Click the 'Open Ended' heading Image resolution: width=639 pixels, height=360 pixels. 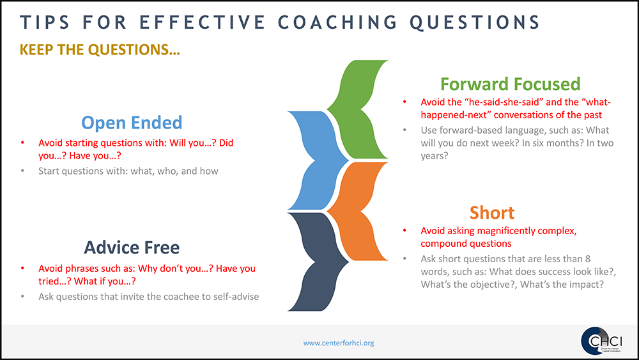(132, 123)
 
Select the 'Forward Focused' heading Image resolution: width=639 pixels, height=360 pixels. (510, 84)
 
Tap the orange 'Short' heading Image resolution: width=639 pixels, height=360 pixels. (492, 213)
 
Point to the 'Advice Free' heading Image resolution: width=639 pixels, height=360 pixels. (132, 247)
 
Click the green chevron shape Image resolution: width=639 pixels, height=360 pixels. (358, 109)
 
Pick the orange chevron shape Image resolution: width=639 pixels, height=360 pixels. (358, 211)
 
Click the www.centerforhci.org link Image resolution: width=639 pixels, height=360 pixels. (338, 343)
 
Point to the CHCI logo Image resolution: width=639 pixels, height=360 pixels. (601, 341)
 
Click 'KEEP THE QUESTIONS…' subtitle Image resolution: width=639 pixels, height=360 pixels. (100, 50)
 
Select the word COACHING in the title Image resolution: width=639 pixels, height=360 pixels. (338, 22)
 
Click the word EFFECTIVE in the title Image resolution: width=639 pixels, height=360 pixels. (203, 22)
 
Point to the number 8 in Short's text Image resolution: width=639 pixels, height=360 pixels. (588, 259)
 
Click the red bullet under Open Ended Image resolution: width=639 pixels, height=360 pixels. (23, 143)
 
